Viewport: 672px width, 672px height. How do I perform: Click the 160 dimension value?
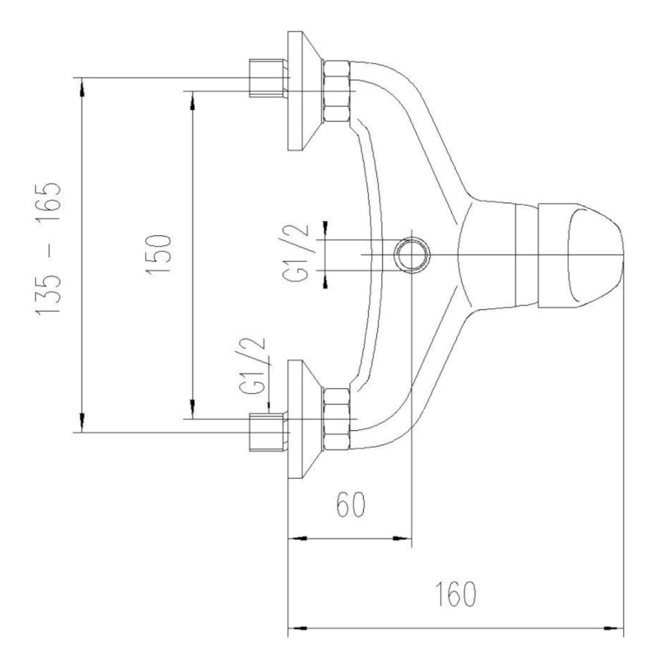pyautogui.click(x=455, y=594)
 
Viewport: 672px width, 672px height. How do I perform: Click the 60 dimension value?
pyautogui.click(x=351, y=505)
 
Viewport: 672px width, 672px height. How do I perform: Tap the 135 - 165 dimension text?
pyautogui.click(x=49, y=249)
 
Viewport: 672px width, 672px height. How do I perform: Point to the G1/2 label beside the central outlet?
pyautogui.click(x=297, y=253)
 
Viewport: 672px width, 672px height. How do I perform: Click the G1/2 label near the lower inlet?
pyautogui.click(x=253, y=366)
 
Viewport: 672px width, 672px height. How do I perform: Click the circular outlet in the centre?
pyautogui.click(x=412, y=255)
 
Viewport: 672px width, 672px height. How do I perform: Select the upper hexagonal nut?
pyautogui.click(x=337, y=92)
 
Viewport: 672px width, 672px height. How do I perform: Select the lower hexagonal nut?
pyautogui.click(x=337, y=418)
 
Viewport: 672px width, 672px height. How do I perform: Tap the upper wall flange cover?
pyautogui.click(x=305, y=91)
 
